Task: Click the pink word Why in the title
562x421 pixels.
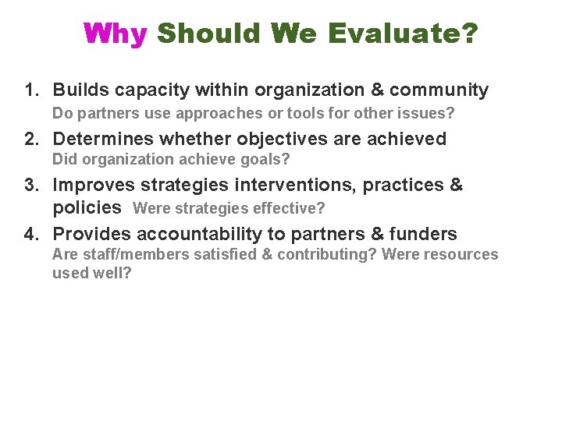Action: [x=115, y=34]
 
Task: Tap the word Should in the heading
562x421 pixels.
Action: [x=208, y=34]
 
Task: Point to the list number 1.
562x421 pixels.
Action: [x=31, y=90]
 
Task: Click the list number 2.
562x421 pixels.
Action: [x=31, y=140]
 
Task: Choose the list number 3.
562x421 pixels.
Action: [x=31, y=186]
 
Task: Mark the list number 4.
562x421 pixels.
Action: [x=31, y=234]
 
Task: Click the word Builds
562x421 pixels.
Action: [x=81, y=90]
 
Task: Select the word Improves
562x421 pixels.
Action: [x=93, y=186]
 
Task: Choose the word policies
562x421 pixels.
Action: [x=87, y=208]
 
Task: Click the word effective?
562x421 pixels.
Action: [x=293, y=209]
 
